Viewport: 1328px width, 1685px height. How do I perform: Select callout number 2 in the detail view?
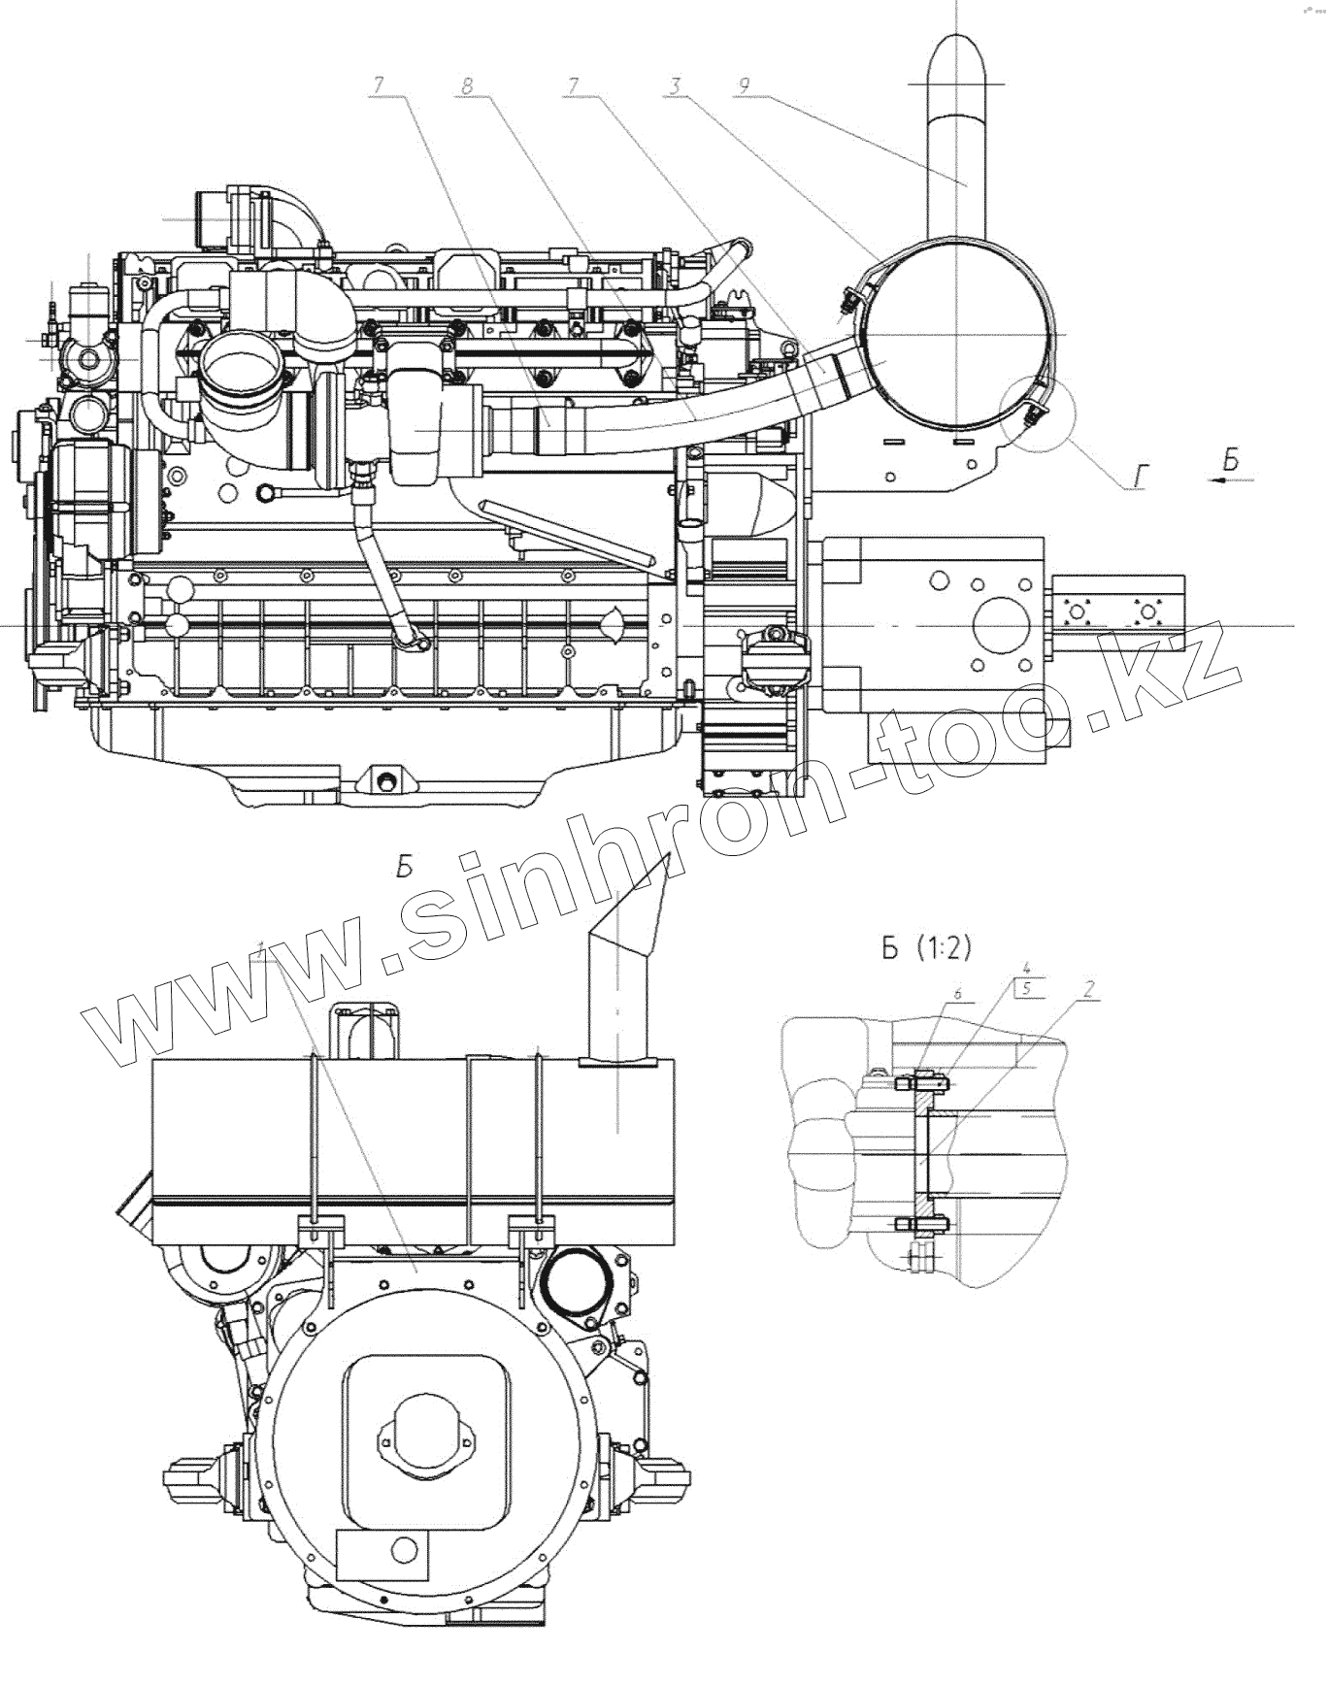(x=1089, y=990)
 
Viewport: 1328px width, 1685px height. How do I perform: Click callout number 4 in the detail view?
(x=1025, y=968)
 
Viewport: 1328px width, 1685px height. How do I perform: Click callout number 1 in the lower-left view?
(x=259, y=946)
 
